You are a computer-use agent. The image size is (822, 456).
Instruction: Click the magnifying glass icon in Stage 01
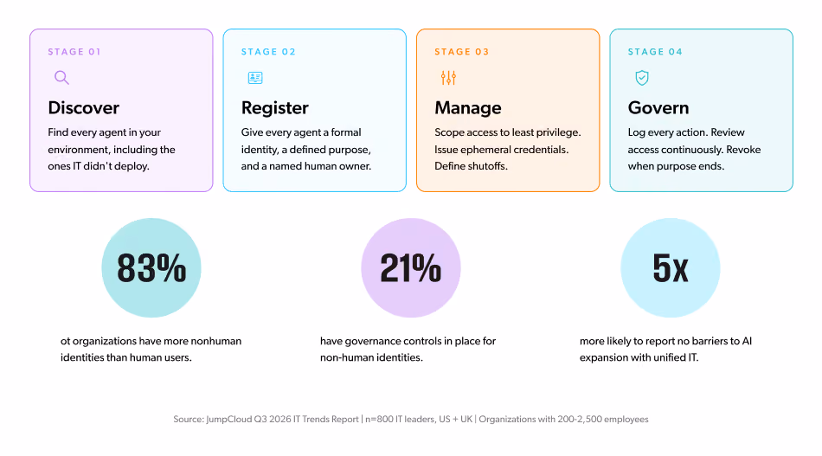(x=61, y=78)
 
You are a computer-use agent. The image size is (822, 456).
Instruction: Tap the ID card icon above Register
(x=255, y=78)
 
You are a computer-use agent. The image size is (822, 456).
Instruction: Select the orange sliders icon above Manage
(x=448, y=78)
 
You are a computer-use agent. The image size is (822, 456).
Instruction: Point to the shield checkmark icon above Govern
(x=642, y=78)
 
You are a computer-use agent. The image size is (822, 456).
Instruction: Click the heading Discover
(x=83, y=107)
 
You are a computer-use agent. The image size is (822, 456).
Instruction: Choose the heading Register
(x=274, y=108)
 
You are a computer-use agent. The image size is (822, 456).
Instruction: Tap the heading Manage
(x=467, y=108)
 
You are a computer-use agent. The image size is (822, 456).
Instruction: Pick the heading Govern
(x=658, y=107)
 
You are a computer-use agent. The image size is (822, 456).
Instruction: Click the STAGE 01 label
(x=74, y=51)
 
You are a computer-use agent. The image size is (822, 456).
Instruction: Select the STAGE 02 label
(x=268, y=51)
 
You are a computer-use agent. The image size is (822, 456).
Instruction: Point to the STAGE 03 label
(x=462, y=51)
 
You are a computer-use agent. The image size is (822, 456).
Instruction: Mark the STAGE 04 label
(x=655, y=51)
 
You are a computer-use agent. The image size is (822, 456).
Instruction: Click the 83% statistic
(x=151, y=268)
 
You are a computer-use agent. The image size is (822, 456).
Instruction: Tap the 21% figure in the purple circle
(x=410, y=268)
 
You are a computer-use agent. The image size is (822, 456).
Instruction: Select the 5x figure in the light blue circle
(x=670, y=268)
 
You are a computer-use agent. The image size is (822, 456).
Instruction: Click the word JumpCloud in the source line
(x=229, y=420)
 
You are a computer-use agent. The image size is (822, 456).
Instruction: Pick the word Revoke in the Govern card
(x=743, y=150)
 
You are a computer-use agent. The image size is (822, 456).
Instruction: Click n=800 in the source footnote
(x=379, y=420)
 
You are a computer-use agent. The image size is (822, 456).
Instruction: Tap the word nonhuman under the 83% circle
(x=216, y=341)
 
